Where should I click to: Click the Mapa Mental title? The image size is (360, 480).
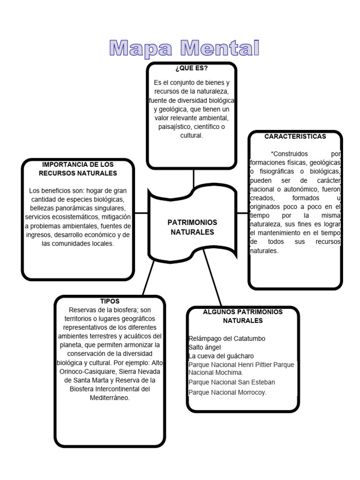[184, 48]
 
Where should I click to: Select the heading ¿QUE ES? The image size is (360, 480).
[191, 69]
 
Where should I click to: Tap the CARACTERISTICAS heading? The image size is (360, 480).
[295, 136]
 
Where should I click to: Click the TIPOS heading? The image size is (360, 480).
[110, 301]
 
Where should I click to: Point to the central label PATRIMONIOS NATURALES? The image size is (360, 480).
[192, 227]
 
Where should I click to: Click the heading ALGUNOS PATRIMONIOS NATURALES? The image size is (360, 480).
[242, 316]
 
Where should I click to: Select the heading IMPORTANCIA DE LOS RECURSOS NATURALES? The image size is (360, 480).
[78, 169]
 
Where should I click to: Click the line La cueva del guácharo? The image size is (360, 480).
[221, 356]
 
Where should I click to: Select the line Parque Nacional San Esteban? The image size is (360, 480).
[232, 382]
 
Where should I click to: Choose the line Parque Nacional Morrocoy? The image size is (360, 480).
[227, 392]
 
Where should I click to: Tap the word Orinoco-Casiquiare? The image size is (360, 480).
[88, 371]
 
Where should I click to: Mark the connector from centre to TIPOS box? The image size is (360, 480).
[148, 278]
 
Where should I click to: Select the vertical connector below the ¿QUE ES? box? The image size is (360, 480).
[193, 177]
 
